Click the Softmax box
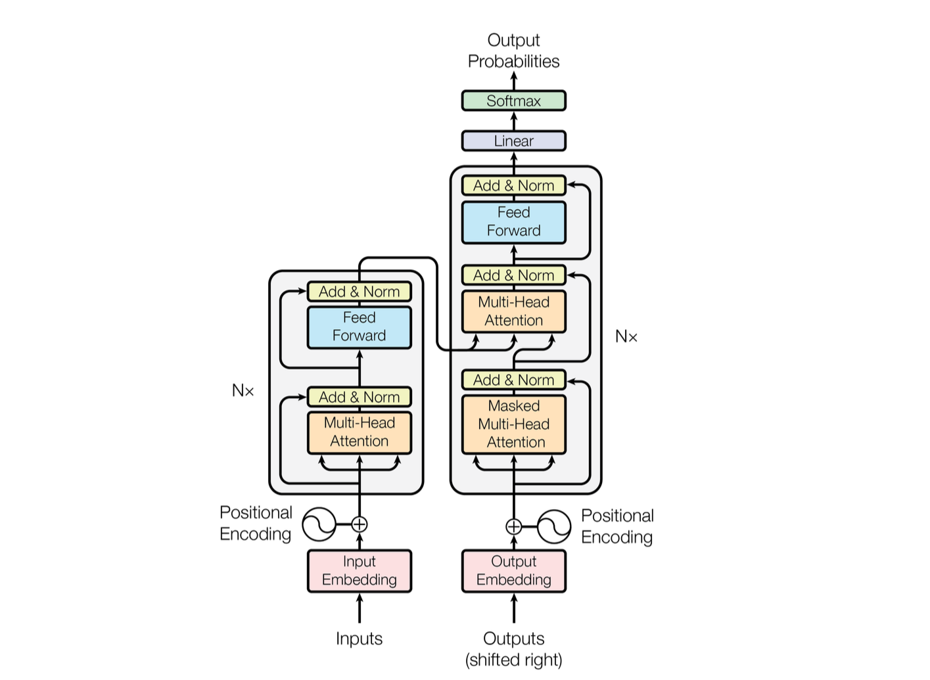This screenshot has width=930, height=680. tap(513, 101)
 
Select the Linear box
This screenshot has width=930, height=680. tap(513, 141)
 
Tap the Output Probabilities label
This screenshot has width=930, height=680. tap(513, 51)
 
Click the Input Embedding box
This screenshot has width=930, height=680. tap(360, 571)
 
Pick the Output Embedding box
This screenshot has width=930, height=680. tap(513, 571)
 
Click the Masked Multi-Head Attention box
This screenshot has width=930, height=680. tap(513, 424)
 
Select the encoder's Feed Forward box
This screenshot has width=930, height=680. tap(360, 327)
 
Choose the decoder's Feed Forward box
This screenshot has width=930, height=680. tap(513, 221)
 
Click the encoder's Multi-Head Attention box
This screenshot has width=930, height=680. tap(360, 432)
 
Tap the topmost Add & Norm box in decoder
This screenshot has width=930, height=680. tap(513, 185)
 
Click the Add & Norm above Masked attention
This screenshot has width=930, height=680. tap(513, 380)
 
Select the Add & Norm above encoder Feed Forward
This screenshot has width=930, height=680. tap(360, 291)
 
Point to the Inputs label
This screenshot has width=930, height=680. tap(359, 639)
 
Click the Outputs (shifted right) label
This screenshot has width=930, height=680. tap(513, 649)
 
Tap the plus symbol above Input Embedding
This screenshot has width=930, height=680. tap(360, 524)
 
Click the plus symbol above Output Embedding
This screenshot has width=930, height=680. tap(513, 526)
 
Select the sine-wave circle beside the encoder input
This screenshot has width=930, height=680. tap(319, 524)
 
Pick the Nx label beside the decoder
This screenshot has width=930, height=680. tap(626, 336)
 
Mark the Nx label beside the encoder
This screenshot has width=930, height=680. tap(243, 390)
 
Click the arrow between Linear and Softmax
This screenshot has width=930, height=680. tap(513, 121)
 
